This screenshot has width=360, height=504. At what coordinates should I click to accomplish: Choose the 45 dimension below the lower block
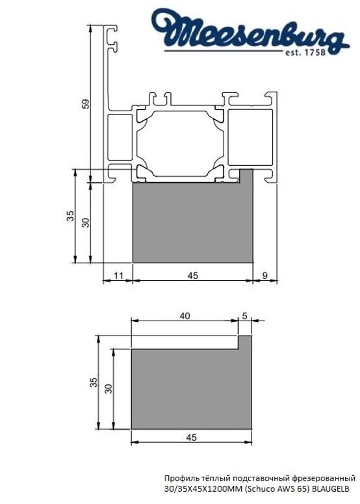tap(191, 438)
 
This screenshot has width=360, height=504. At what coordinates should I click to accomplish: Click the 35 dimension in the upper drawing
tap(71, 217)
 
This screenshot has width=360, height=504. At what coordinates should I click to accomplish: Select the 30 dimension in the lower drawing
tap(109, 388)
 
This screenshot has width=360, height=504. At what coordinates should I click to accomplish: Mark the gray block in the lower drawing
tap(188, 390)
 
